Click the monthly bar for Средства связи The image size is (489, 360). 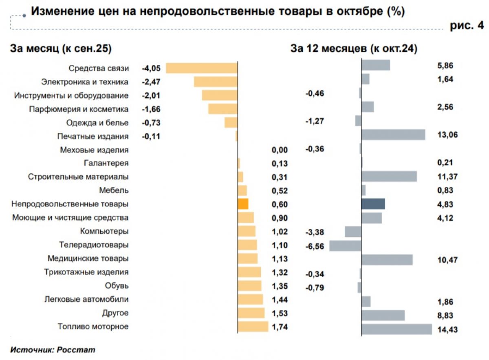[x=202, y=68]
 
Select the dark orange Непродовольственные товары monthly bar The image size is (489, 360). [x=243, y=204]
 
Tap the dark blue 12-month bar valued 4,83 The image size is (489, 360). [x=373, y=204]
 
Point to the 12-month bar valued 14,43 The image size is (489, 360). [x=396, y=329]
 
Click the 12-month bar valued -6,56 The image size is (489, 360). [x=345, y=245]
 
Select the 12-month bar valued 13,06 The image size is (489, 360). [x=393, y=135]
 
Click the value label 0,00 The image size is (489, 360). [x=280, y=150]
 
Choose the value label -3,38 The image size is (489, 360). [x=315, y=232]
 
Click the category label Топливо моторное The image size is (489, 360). [x=93, y=327]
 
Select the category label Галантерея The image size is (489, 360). [x=106, y=163]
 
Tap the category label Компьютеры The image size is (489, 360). [x=104, y=232]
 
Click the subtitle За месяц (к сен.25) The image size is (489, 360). [x=61, y=49]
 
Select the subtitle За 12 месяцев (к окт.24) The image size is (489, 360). [x=354, y=49]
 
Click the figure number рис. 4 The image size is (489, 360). [x=467, y=26]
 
